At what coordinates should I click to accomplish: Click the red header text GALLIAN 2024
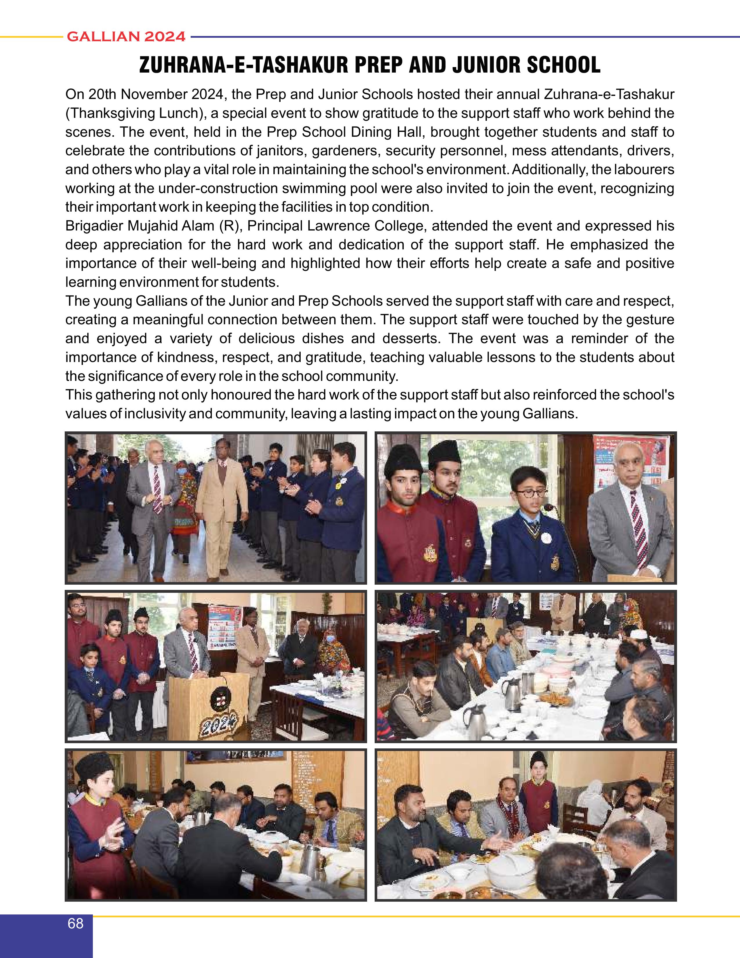pyautogui.click(x=126, y=37)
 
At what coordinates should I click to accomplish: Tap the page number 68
pyautogui.click(x=75, y=923)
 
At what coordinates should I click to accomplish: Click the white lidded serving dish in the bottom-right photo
pyautogui.click(x=512, y=871)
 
